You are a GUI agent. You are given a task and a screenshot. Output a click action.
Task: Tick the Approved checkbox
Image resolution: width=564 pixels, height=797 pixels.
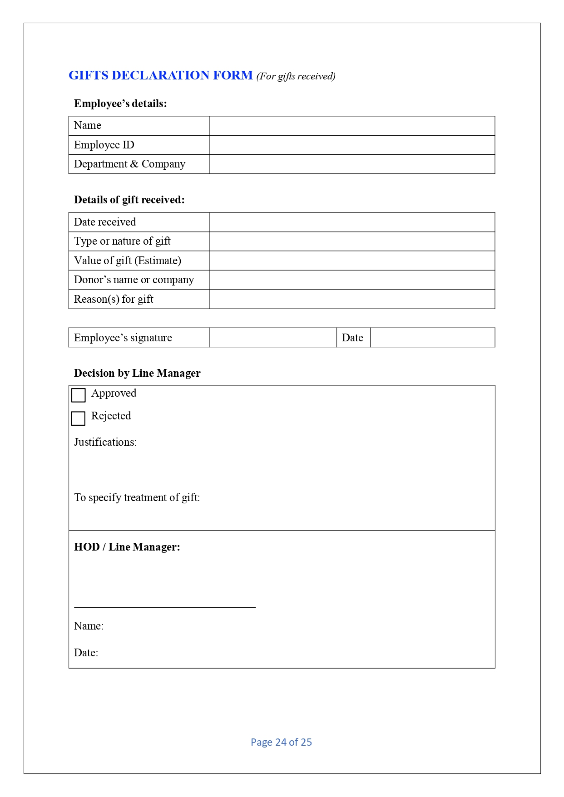79,395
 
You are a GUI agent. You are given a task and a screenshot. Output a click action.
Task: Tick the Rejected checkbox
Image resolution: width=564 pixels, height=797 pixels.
78,418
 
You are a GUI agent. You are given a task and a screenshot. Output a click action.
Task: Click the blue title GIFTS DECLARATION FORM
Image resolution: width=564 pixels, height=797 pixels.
160,75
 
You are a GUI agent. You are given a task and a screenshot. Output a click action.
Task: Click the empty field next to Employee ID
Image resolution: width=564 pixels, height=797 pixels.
351,145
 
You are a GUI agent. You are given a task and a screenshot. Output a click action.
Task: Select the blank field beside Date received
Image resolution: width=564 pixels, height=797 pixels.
351,222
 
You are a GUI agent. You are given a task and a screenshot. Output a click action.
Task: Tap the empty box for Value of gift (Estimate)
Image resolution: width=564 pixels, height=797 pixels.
351,261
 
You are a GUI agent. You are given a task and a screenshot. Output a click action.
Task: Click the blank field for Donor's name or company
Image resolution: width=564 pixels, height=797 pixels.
351,280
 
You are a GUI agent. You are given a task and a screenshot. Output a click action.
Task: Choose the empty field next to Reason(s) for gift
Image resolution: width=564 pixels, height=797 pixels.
351,299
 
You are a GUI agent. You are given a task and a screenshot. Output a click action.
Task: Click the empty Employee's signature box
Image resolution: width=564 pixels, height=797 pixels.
272,338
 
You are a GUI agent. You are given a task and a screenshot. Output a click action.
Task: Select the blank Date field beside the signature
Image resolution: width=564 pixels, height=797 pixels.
432,338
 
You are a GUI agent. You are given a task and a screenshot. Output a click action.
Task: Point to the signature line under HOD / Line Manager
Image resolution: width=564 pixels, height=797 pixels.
165,606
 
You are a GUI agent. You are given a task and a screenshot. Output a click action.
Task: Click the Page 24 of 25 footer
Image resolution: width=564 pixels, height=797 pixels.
281,742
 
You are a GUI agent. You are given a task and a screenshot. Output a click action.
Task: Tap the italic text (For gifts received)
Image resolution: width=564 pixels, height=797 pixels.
296,76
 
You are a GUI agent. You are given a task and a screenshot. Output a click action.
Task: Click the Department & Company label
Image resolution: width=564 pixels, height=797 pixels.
129,164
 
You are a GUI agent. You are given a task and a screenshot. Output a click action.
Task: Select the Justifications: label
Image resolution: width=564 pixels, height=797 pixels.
105,442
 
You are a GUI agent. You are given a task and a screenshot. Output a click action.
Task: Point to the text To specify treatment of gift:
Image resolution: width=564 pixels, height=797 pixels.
137,497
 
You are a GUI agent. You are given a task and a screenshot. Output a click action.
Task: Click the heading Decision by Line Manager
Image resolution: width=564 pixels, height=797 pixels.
137,373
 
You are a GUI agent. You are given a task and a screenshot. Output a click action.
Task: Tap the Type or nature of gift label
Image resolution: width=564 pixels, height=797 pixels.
122,241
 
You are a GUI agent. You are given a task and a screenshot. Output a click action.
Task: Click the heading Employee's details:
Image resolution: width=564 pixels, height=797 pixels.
120,103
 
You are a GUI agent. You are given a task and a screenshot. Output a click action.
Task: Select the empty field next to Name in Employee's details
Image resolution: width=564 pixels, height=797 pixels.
351,126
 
